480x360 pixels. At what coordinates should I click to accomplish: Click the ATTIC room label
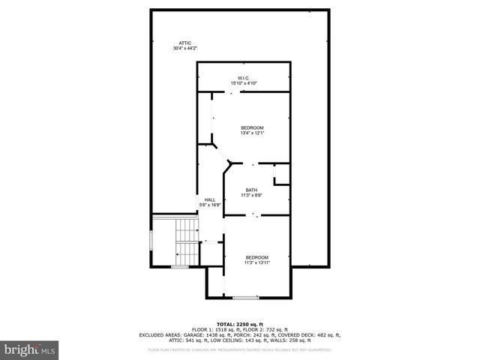coord(184,43)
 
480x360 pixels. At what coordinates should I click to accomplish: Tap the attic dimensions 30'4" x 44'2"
coord(184,48)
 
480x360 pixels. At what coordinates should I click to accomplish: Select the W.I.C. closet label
coord(243,78)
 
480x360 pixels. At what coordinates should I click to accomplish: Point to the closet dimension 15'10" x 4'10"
coord(243,83)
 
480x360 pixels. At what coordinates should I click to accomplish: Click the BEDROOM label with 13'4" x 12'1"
coord(252,127)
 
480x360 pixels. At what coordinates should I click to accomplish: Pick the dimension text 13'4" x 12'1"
coord(252,133)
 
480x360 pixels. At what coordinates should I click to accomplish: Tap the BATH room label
coord(251,190)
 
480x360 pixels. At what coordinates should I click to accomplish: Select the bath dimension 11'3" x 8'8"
coord(251,195)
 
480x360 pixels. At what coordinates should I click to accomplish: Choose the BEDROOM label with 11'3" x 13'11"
coord(256,257)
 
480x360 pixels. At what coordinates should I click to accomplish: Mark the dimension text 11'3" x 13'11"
coord(256,262)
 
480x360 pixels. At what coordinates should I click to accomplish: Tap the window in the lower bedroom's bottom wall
coord(244,298)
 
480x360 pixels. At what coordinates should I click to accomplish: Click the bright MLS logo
coord(30,349)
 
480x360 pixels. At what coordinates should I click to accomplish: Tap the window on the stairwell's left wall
coord(151,241)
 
